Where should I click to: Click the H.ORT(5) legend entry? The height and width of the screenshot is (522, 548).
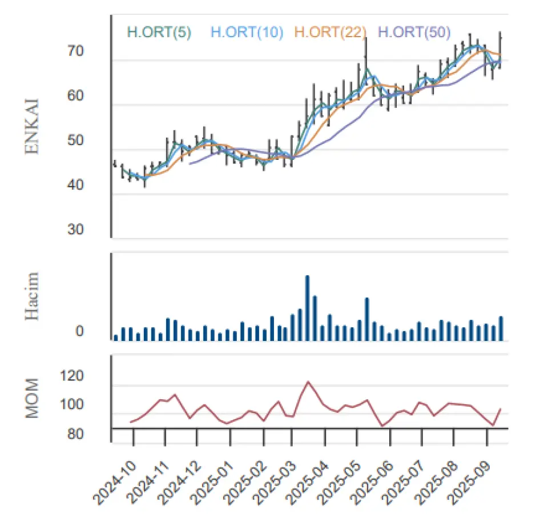159,32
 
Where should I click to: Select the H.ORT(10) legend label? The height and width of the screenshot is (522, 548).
247,32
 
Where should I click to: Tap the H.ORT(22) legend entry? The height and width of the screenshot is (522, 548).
331,32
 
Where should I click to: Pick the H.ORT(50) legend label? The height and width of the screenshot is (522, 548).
414,32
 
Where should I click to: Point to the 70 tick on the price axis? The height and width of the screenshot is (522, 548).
75,51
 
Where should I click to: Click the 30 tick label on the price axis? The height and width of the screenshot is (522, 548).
75,230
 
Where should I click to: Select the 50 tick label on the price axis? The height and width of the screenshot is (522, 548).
75,140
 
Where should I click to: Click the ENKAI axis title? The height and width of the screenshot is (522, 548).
32,127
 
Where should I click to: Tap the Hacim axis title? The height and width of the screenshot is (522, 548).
32,296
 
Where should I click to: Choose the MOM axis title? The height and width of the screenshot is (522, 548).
32,398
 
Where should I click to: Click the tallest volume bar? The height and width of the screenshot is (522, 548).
308,308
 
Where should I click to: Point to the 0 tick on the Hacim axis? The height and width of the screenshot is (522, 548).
80,331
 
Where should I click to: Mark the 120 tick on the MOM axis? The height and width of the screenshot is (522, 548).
72,376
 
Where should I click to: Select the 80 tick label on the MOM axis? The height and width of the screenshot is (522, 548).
75,434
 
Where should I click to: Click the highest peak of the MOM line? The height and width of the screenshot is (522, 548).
308,382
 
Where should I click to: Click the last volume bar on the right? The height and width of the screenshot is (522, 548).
501,328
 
